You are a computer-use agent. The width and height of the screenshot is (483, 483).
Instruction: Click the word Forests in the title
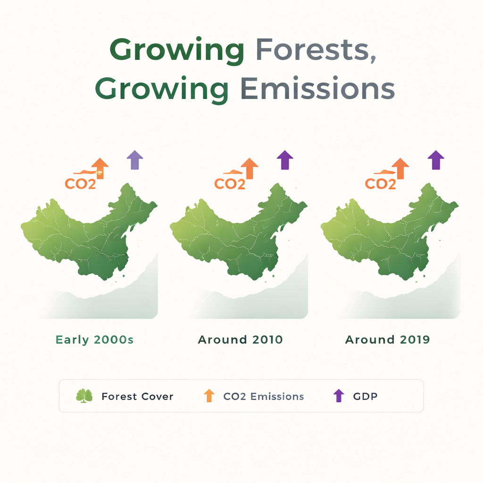(316, 50)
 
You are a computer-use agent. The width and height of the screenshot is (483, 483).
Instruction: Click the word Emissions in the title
(317, 89)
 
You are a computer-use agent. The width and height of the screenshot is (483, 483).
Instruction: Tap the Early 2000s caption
(94, 340)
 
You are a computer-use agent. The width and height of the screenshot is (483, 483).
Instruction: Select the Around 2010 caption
(240, 340)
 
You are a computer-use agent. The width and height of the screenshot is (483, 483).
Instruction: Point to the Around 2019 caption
(388, 340)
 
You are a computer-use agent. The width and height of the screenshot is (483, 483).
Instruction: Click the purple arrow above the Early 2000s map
(135, 160)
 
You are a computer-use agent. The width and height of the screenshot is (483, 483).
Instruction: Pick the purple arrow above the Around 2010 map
(285, 160)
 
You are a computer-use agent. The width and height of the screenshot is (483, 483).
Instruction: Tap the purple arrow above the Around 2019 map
(436, 160)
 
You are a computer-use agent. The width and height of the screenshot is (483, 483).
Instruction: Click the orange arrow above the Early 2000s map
(100, 168)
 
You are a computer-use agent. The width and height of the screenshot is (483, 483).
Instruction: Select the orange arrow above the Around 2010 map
(250, 168)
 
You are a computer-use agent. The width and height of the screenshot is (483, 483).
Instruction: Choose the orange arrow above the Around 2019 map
(400, 168)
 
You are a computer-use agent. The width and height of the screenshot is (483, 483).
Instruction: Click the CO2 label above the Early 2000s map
(80, 184)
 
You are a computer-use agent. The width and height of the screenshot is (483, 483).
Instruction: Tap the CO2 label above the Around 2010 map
(230, 184)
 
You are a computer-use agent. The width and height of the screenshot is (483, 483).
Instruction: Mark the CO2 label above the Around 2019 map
(381, 184)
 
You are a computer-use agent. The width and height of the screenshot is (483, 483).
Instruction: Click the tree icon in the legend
(84, 396)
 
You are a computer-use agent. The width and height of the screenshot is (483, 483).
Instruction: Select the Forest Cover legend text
(137, 396)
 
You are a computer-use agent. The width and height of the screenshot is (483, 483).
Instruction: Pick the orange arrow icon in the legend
(209, 396)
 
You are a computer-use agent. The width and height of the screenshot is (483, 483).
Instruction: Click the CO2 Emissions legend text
(264, 396)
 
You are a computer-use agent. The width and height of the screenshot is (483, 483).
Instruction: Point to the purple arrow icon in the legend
(339, 396)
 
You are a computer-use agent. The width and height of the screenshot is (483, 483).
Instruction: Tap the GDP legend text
(366, 396)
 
